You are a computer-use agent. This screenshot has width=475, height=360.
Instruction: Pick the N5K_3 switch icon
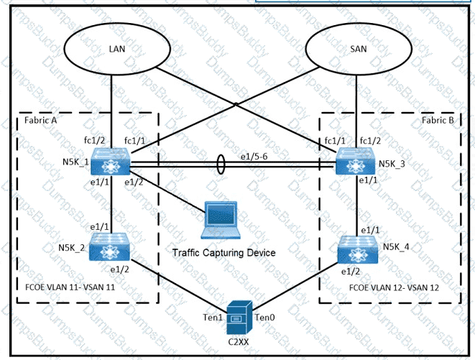356,163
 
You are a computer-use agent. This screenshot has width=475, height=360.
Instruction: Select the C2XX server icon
236,315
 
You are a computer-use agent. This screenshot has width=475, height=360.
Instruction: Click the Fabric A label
40,120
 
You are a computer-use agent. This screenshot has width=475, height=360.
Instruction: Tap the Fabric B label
437,120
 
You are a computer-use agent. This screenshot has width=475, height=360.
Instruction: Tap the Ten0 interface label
264,316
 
